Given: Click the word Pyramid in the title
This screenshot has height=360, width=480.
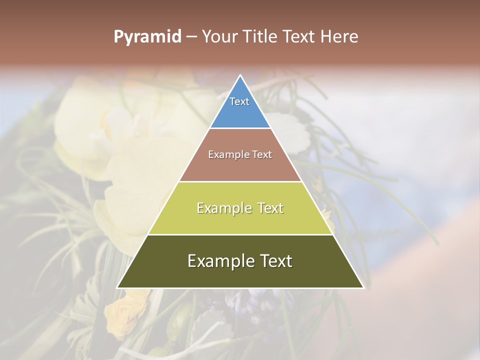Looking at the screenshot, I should [x=147, y=37].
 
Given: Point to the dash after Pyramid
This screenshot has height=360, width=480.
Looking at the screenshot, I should [x=191, y=37].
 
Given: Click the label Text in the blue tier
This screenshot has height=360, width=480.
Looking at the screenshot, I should [x=239, y=101].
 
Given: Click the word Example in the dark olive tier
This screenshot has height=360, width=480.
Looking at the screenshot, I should [x=220, y=261].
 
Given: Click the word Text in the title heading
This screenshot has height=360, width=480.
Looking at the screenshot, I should [x=298, y=37].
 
